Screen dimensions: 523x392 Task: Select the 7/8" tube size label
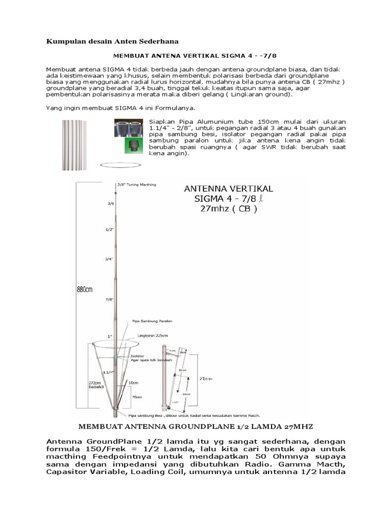[x=109, y=299]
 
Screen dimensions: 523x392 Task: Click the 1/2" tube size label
[x=109, y=229]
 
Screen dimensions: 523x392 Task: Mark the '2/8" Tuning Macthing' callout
[x=136, y=184]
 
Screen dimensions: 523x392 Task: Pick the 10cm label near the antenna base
[x=134, y=382]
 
